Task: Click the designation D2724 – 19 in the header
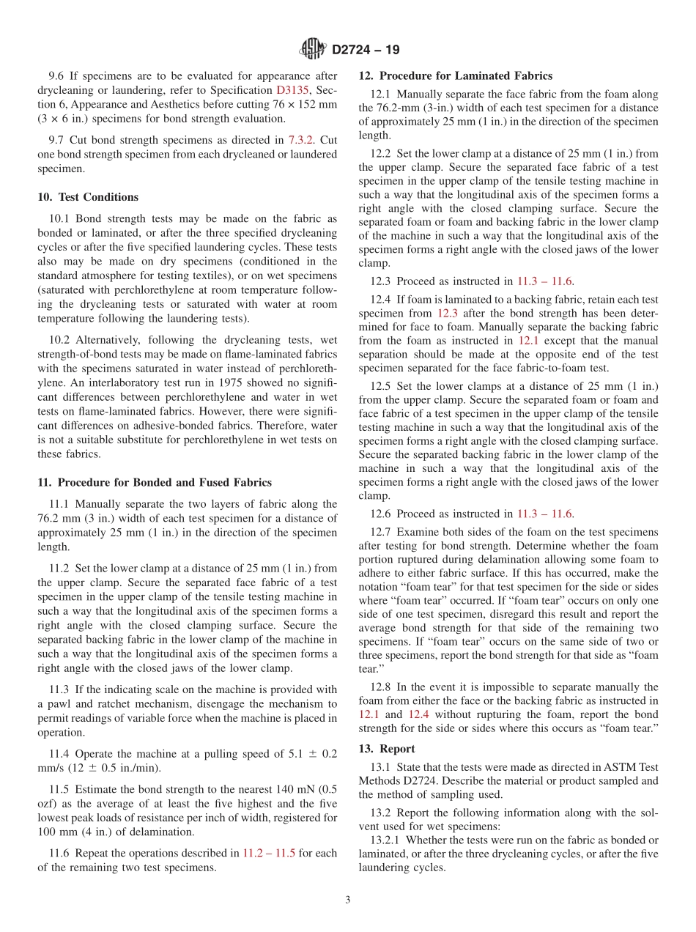(x=366, y=51)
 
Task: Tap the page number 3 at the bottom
(x=348, y=900)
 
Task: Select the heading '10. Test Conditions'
(x=88, y=197)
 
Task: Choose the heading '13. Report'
(x=387, y=749)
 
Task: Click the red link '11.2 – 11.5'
(x=269, y=853)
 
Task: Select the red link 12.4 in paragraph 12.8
(x=418, y=714)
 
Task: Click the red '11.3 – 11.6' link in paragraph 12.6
(x=545, y=514)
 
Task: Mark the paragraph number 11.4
(x=59, y=754)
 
